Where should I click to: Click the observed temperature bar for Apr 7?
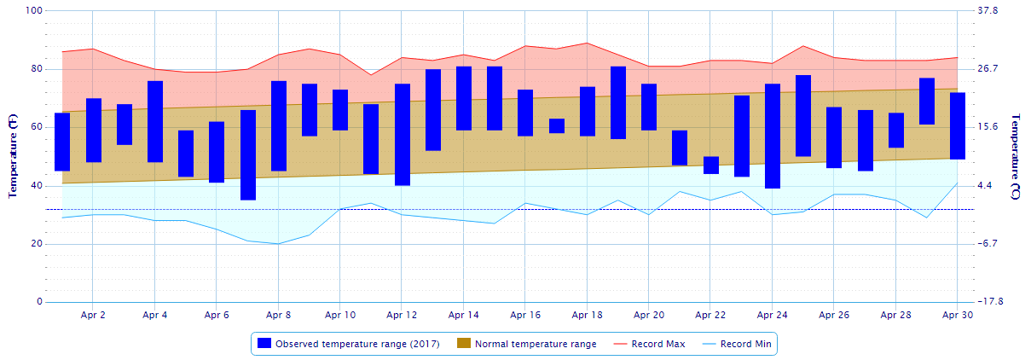click(x=248, y=155)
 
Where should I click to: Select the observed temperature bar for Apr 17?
click(x=557, y=126)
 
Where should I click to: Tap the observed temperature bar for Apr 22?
click(x=711, y=165)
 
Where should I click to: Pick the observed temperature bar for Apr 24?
click(x=773, y=136)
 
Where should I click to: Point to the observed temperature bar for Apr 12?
click(x=403, y=135)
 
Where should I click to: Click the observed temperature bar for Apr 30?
click(x=958, y=126)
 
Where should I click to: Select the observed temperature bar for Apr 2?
click(x=94, y=131)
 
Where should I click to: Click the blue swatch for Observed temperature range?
click(x=264, y=344)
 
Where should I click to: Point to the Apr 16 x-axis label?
click(x=525, y=315)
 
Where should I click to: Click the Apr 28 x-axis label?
click(x=895, y=315)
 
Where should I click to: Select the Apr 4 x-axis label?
click(x=155, y=315)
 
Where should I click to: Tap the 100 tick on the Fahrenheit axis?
click(x=34, y=11)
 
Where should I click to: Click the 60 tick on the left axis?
click(x=37, y=127)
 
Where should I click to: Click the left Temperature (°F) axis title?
click(x=14, y=157)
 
